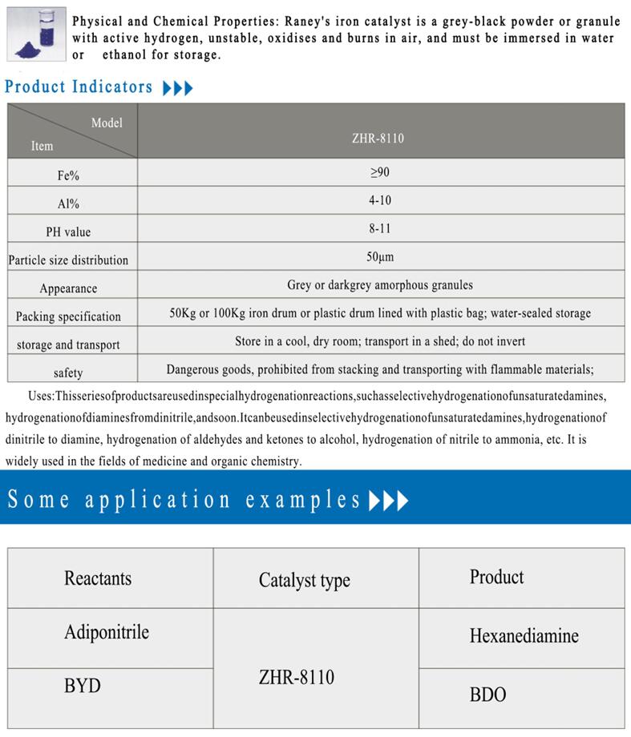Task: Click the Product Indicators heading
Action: (78, 87)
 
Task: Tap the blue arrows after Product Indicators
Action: (177, 88)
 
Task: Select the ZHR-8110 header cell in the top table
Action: (378, 138)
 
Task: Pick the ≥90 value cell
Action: (378, 172)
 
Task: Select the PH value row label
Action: (68, 232)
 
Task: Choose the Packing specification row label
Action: (68, 316)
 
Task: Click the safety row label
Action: (68, 373)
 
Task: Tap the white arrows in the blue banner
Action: (389, 501)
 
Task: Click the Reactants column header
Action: (98, 578)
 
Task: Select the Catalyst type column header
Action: (304, 581)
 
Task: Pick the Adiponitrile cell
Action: (106, 632)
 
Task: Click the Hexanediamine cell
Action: (524, 636)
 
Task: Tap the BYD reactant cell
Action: (83, 687)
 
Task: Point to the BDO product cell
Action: (487, 694)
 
